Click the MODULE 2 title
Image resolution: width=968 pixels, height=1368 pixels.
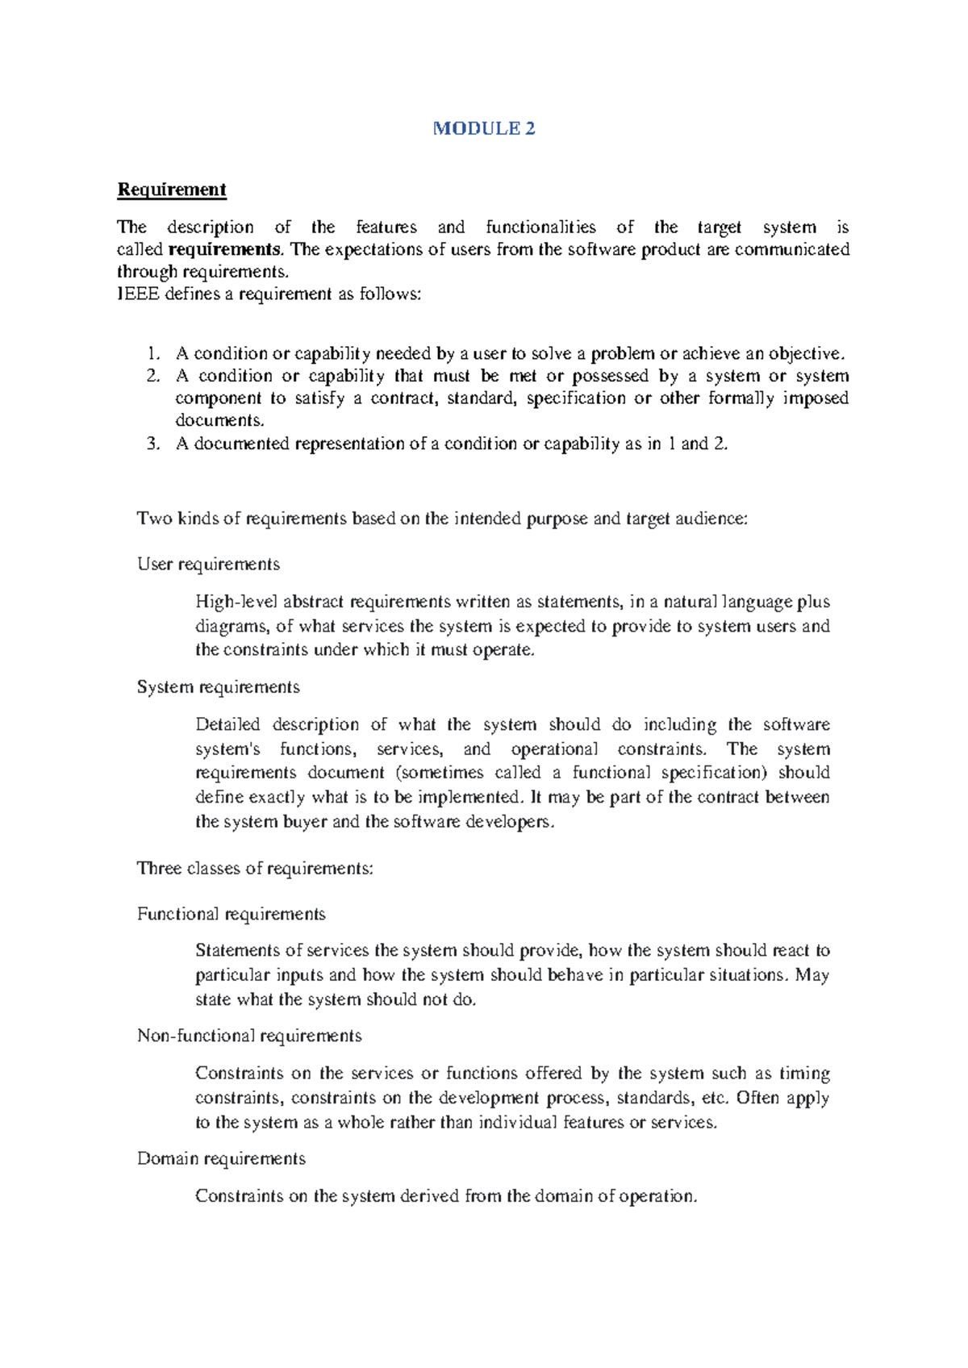483,128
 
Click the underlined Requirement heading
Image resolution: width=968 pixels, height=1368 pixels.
172,190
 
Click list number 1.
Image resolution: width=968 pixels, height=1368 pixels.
153,353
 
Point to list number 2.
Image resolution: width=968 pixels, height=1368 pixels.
153,376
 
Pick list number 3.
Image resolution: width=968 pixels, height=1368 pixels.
153,444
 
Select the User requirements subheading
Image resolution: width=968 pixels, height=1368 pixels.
208,564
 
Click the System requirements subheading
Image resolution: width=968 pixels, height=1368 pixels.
218,687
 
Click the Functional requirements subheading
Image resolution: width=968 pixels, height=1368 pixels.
231,914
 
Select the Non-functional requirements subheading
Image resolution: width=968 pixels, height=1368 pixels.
249,1036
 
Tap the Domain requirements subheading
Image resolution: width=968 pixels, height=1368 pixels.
221,1159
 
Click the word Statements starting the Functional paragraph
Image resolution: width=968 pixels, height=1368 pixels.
237,951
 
